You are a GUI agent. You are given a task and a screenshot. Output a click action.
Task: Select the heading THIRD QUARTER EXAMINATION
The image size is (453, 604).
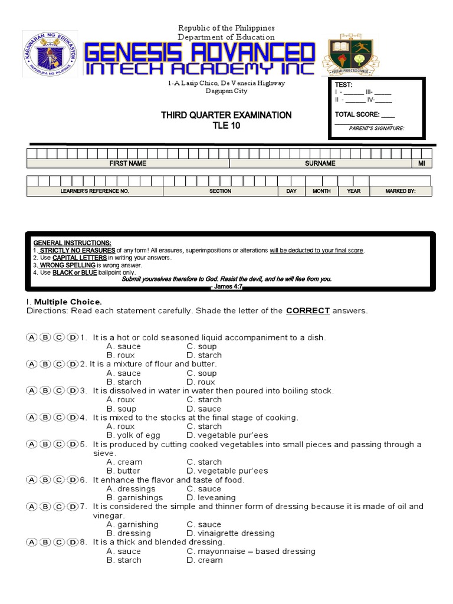pos(226,115)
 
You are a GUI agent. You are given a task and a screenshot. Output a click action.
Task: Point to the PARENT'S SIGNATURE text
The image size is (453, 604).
pos(376,128)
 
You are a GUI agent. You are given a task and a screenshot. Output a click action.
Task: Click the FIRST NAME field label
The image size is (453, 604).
pos(128,163)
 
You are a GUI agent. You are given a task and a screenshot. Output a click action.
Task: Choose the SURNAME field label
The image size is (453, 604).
pos(320,163)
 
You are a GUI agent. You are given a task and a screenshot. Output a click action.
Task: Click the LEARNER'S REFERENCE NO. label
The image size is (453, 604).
pos(94,191)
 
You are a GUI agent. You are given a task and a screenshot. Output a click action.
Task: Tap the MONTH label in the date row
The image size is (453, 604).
pos(321,191)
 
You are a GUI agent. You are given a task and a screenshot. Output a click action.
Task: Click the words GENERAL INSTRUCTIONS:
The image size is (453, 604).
pos(72,243)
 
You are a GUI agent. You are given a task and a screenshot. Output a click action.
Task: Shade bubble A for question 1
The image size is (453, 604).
pos(31,337)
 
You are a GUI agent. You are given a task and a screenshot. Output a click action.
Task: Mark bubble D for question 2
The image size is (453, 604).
pos(73,364)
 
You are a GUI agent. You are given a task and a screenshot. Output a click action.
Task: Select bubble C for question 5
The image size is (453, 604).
pos(59,445)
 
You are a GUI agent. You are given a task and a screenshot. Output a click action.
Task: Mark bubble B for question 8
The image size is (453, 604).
pos(45,542)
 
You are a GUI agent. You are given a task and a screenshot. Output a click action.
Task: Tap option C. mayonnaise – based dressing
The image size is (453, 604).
pos(251,551)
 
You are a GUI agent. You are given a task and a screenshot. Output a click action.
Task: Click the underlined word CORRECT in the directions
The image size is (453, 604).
pos(307,311)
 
